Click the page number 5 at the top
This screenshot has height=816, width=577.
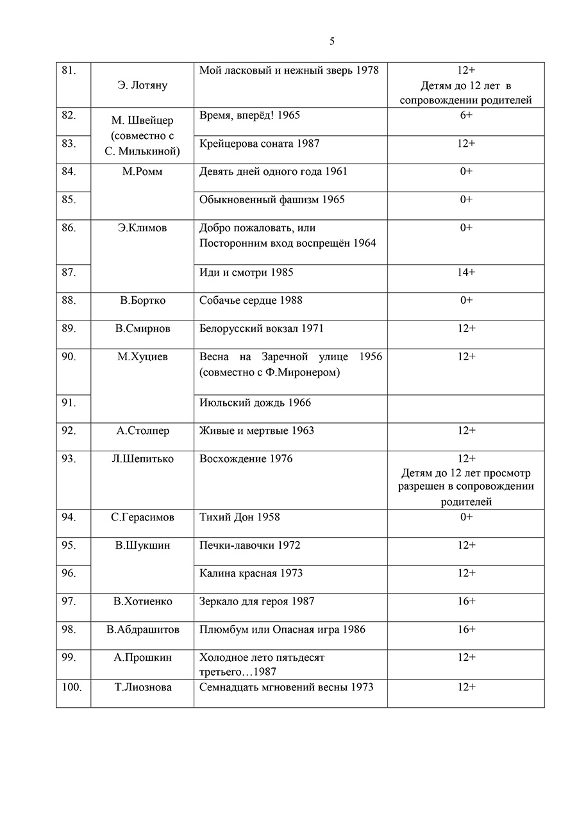(x=331, y=42)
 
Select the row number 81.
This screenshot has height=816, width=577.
(x=68, y=71)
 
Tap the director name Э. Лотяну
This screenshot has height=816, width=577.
(x=142, y=85)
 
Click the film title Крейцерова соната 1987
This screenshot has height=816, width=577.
(x=259, y=144)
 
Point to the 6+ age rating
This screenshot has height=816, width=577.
(x=466, y=115)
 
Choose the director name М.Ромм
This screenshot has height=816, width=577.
(x=142, y=172)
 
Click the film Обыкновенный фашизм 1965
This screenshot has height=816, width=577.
(x=272, y=199)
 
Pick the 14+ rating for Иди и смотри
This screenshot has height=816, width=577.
(x=466, y=272)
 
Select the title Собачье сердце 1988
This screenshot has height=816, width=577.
(x=251, y=300)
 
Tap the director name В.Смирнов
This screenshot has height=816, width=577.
(x=142, y=328)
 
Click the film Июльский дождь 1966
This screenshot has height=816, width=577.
(x=255, y=403)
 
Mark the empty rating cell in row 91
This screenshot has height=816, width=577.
(x=466, y=408)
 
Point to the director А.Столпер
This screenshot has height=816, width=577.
(x=142, y=431)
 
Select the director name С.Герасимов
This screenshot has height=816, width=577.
(x=142, y=517)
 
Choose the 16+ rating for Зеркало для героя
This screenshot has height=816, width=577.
(x=466, y=601)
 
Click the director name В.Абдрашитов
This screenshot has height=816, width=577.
(x=142, y=629)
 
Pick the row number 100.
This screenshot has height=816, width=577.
(x=71, y=687)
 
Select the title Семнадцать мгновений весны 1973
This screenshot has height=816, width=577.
(x=286, y=687)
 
